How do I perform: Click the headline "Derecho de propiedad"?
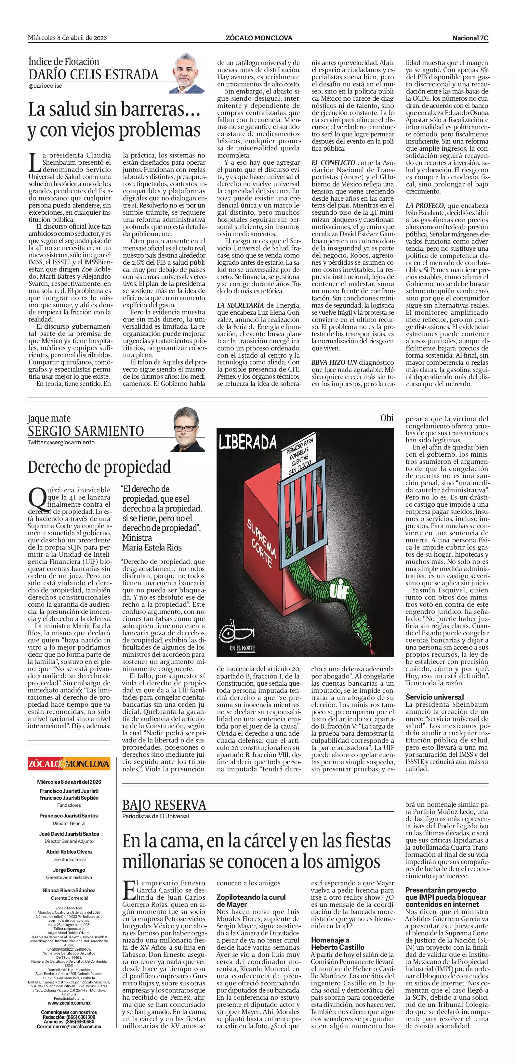(99, 467)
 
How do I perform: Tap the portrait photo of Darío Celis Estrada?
(189, 73)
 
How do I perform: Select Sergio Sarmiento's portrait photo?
(189, 429)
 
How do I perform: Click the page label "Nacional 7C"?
(470, 38)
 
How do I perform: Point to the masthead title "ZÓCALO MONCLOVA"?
(259, 38)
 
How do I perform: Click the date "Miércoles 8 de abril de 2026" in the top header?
(67, 38)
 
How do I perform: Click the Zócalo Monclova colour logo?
(69, 763)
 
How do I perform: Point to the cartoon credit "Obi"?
(387, 418)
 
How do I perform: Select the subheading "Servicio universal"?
(434, 697)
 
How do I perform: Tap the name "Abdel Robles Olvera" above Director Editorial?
(69, 851)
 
